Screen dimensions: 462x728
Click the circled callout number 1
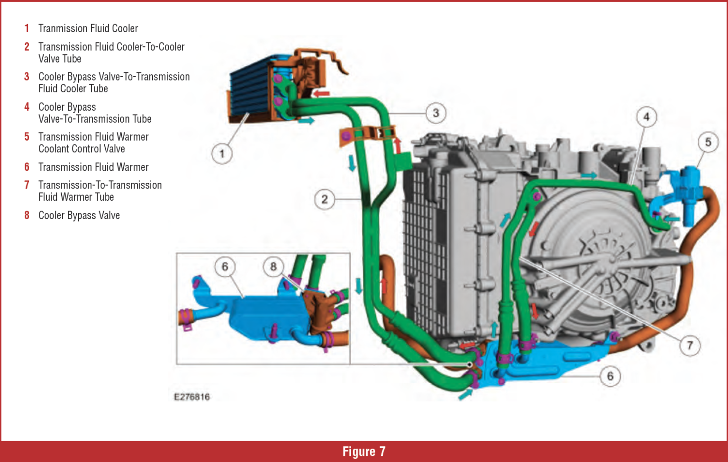click(221, 154)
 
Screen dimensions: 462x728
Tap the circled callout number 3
click(436, 113)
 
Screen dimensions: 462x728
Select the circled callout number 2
click(324, 199)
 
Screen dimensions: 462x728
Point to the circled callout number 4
click(646, 117)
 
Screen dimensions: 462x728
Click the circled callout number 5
click(708, 142)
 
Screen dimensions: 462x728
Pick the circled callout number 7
click(690, 345)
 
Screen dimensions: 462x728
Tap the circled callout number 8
click(273, 267)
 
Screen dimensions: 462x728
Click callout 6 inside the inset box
click(225, 267)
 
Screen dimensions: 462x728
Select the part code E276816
click(191, 397)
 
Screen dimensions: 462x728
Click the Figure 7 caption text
click(364, 452)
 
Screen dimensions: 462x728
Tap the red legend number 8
click(27, 215)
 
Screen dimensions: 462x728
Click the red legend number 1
click(27, 28)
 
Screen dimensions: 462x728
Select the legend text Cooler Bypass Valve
click(79, 215)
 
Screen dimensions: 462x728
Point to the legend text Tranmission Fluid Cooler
click(88, 28)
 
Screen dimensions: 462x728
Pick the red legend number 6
click(27, 167)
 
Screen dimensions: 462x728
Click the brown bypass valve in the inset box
click(318, 310)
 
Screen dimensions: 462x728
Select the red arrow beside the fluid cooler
click(322, 93)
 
